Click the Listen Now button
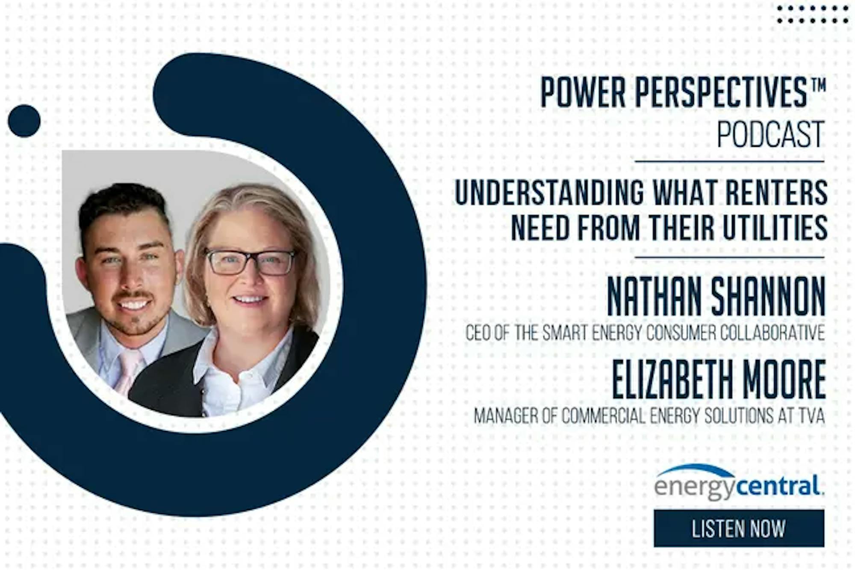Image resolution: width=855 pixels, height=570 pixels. coord(739,528)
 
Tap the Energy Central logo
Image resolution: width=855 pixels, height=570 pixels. coord(739,482)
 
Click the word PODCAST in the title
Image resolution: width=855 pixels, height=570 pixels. coord(770,134)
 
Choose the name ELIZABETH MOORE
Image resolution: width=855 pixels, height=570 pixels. coord(719,380)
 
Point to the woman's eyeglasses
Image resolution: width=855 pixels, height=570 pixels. coord(250,261)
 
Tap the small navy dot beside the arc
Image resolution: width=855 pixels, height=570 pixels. coord(24,121)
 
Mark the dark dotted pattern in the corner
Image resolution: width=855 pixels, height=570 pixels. coord(813,14)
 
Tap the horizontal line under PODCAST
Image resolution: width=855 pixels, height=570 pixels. coord(729,162)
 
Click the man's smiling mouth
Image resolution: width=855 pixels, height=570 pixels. coord(133,304)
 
